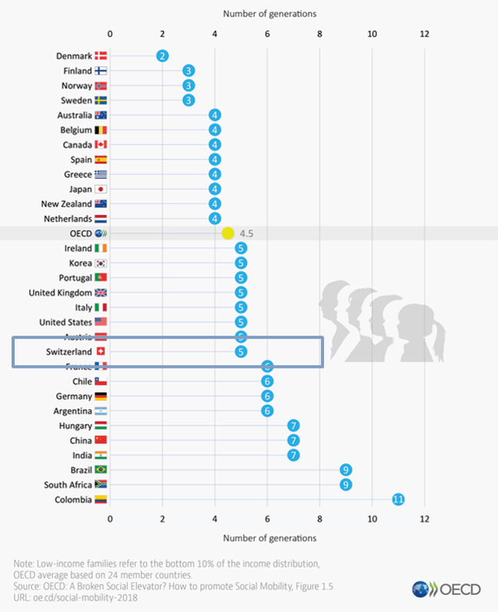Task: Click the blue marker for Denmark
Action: pyautogui.click(x=162, y=55)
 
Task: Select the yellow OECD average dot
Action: pyautogui.click(x=228, y=233)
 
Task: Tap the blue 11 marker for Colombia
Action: pyautogui.click(x=398, y=499)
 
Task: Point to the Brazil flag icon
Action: pyautogui.click(x=101, y=469)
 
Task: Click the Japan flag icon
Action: pyautogui.click(x=101, y=189)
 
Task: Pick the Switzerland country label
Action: pyautogui.click(x=69, y=351)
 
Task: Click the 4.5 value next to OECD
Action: pyautogui.click(x=246, y=233)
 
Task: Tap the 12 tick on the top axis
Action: pyautogui.click(x=424, y=34)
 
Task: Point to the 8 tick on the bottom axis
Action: pyautogui.click(x=319, y=519)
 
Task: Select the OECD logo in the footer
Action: pyautogui.click(x=446, y=589)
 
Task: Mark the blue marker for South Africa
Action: pyautogui.click(x=346, y=484)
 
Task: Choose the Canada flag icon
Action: pyautogui.click(x=101, y=144)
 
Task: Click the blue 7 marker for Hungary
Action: pyautogui.click(x=293, y=425)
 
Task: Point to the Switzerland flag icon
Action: pyautogui.click(x=101, y=351)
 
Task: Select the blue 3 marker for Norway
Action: pyautogui.click(x=189, y=85)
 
